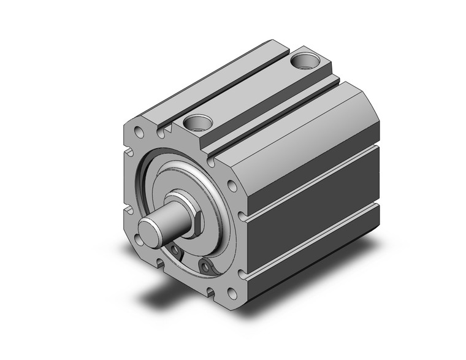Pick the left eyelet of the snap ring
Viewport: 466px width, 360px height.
click(176, 250)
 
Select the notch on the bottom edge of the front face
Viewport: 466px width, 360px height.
click(161, 264)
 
